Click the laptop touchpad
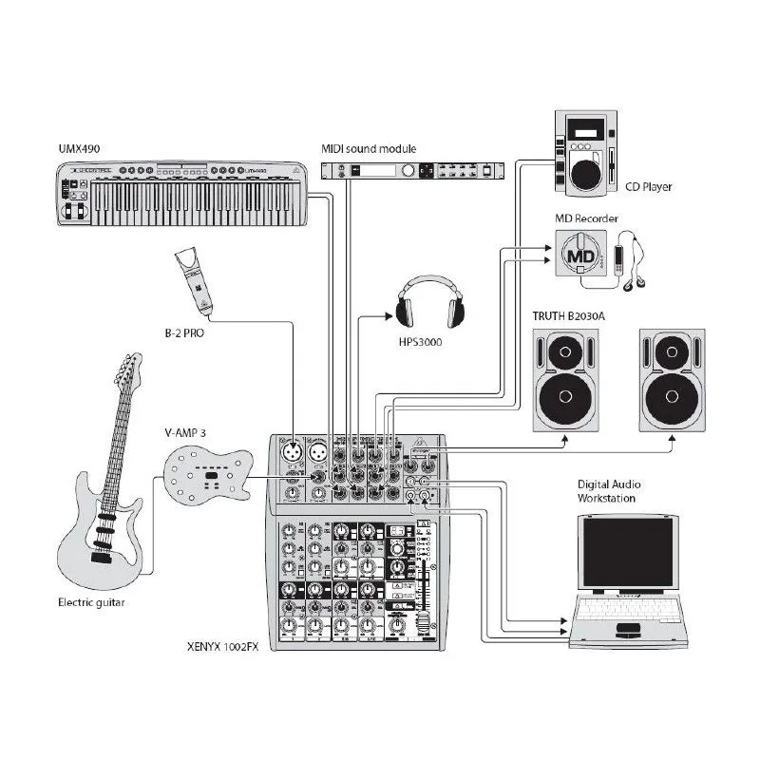[628, 630]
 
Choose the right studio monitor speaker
[672, 380]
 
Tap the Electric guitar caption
[91, 602]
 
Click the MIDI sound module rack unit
[410, 170]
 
